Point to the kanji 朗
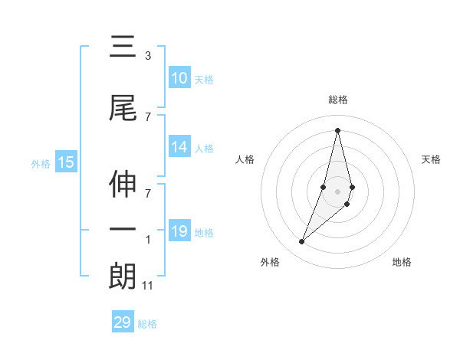tap(123, 277)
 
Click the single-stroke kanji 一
tap(123, 229)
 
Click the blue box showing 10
tap(179, 78)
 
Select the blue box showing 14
tap(179, 148)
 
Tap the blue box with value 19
tap(179, 232)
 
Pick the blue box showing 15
tap(66, 162)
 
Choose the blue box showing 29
tap(123, 322)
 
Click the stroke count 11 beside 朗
tap(148, 286)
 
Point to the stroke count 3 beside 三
tap(147, 56)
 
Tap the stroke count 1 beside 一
tap(147, 240)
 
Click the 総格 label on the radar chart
tap(338, 100)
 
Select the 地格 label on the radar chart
tap(402, 262)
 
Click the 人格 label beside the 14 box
tap(204, 149)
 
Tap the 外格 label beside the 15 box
tap(41, 163)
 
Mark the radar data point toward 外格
tap(301, 242)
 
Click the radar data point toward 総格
tap(338, 129)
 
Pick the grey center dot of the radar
tap(338, 191)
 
